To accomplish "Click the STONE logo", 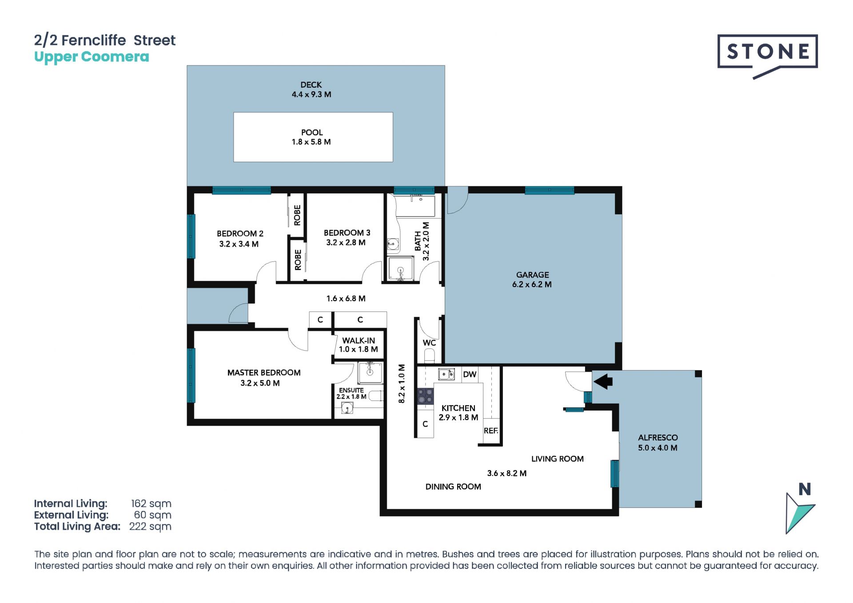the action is [767, 56].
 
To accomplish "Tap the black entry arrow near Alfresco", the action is [603, 381].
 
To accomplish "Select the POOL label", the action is [312, 132].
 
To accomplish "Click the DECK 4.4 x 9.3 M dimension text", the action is [311, 94].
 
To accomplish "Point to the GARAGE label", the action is [532, 275].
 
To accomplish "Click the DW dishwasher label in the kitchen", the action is [470, 375].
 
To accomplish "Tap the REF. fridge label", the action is [491, 431].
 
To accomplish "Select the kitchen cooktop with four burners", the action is [425, 396].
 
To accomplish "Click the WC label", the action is [429, 343].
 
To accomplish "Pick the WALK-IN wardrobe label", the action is [359, 341].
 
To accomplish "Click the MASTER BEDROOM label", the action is [264, 372].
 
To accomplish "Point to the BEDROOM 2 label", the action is [240, 233].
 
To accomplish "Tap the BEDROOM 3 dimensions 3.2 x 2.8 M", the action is [346, 243].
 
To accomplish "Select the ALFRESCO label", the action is [658, 438].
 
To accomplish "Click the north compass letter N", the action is [805, 489].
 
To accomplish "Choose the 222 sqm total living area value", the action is [150, 527].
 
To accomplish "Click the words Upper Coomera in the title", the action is [92, 57].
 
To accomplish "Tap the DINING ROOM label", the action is [453, 487].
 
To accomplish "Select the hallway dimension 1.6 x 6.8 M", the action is [346, 299].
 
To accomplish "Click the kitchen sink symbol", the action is [446, 375].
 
